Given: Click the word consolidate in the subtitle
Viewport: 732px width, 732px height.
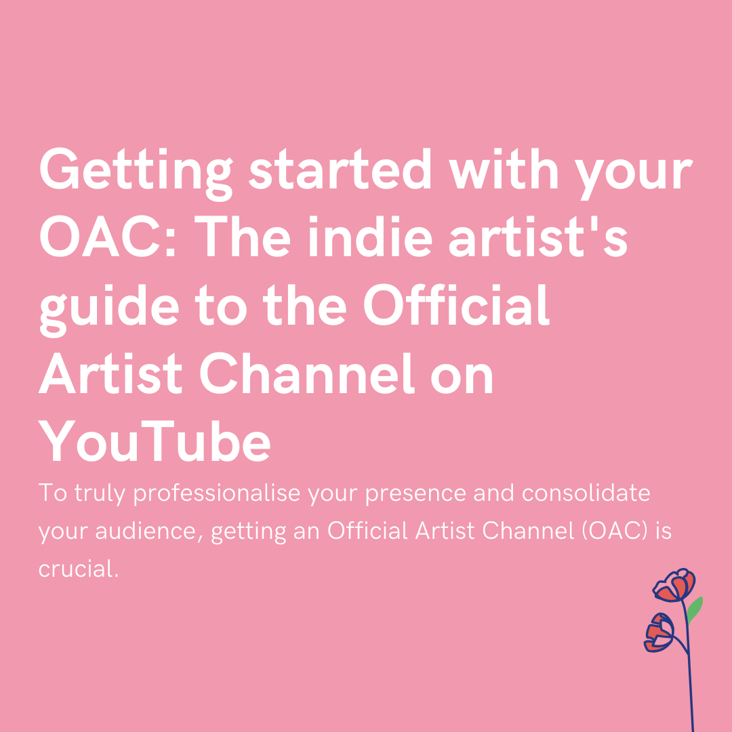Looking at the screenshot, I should (x=586, y=493).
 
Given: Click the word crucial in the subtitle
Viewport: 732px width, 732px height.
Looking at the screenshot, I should (x=77, y=569).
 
